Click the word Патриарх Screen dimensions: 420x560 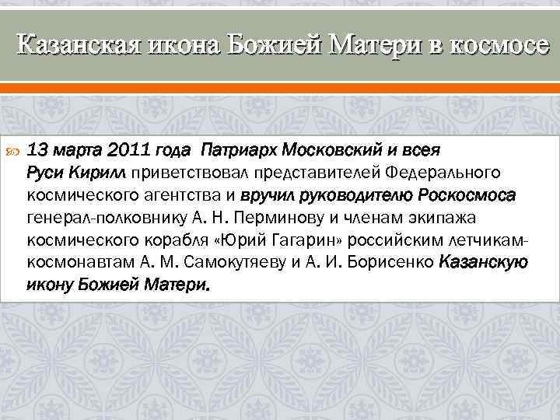238,149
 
